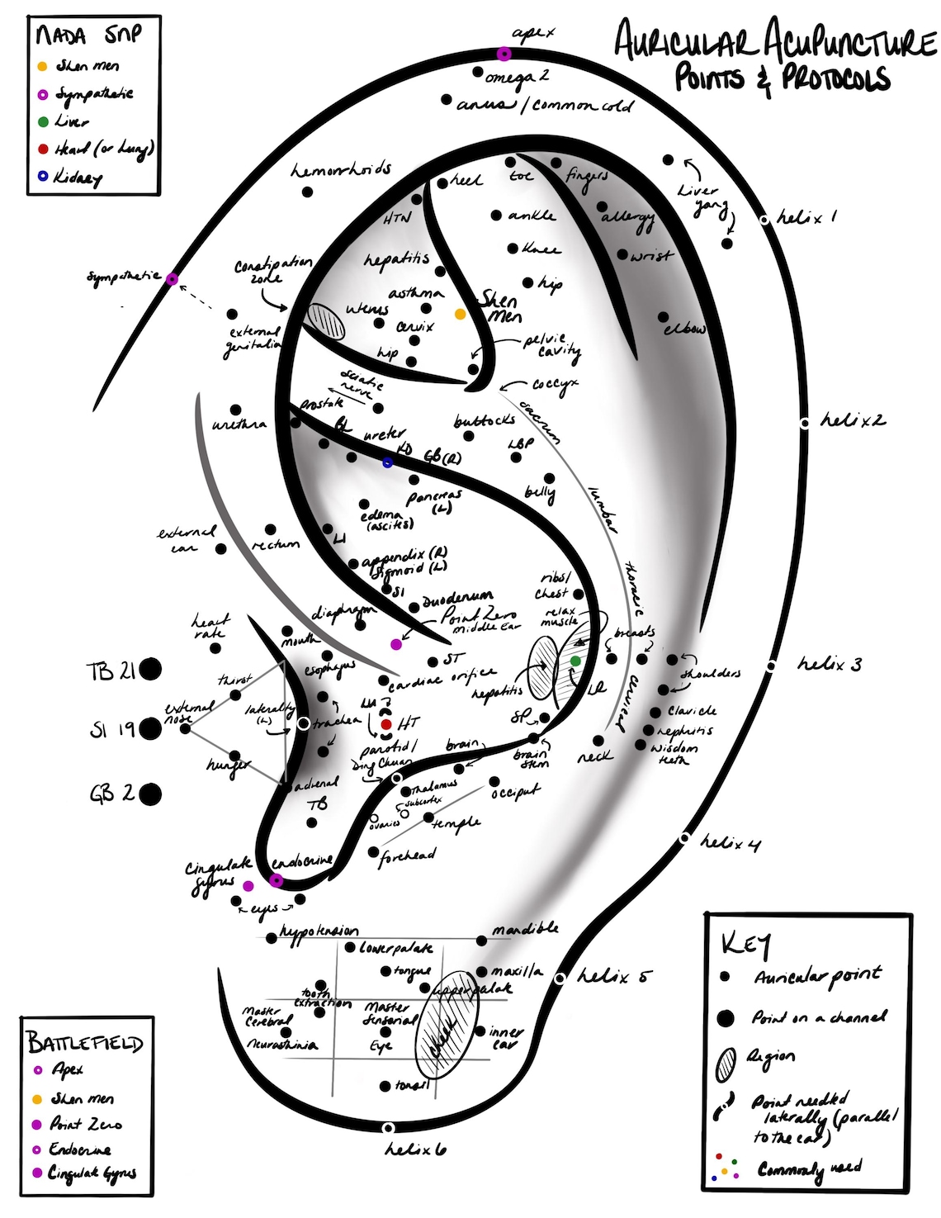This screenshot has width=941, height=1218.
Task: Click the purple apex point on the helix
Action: [504, 54]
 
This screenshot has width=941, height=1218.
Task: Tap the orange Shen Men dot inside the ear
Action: [461, 314]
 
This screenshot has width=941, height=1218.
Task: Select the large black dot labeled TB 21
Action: [150, 669]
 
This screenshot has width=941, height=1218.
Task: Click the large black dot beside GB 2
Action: [150, 794]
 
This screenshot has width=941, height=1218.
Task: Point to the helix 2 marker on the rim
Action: [805, 423]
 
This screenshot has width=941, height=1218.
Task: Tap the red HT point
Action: [386, 724]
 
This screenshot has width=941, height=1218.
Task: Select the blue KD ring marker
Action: [388, 462]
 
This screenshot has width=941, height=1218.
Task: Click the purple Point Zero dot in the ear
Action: [396, 644]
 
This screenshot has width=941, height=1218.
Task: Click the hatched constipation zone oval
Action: [324, 320]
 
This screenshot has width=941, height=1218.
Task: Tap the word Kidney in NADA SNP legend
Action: [78, 177]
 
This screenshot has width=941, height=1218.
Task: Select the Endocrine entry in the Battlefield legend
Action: [80, 1149]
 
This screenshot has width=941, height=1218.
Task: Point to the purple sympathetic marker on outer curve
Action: [172, 279]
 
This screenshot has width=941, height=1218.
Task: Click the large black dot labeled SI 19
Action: [150, 729]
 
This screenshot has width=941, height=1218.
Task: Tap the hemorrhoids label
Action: [341, 170]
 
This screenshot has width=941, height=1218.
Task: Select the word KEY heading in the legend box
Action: [746, 943]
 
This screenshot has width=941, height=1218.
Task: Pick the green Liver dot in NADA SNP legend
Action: [43, 121]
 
